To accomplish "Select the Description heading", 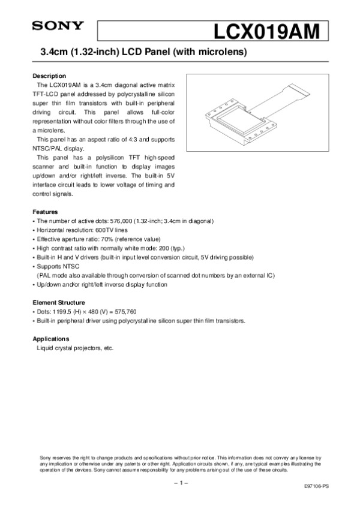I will point(49,76).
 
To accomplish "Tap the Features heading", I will point(45,212).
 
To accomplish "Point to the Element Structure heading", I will point(58,302).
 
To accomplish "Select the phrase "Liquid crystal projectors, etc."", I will point(75,348).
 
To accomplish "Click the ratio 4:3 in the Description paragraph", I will point(120,140).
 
